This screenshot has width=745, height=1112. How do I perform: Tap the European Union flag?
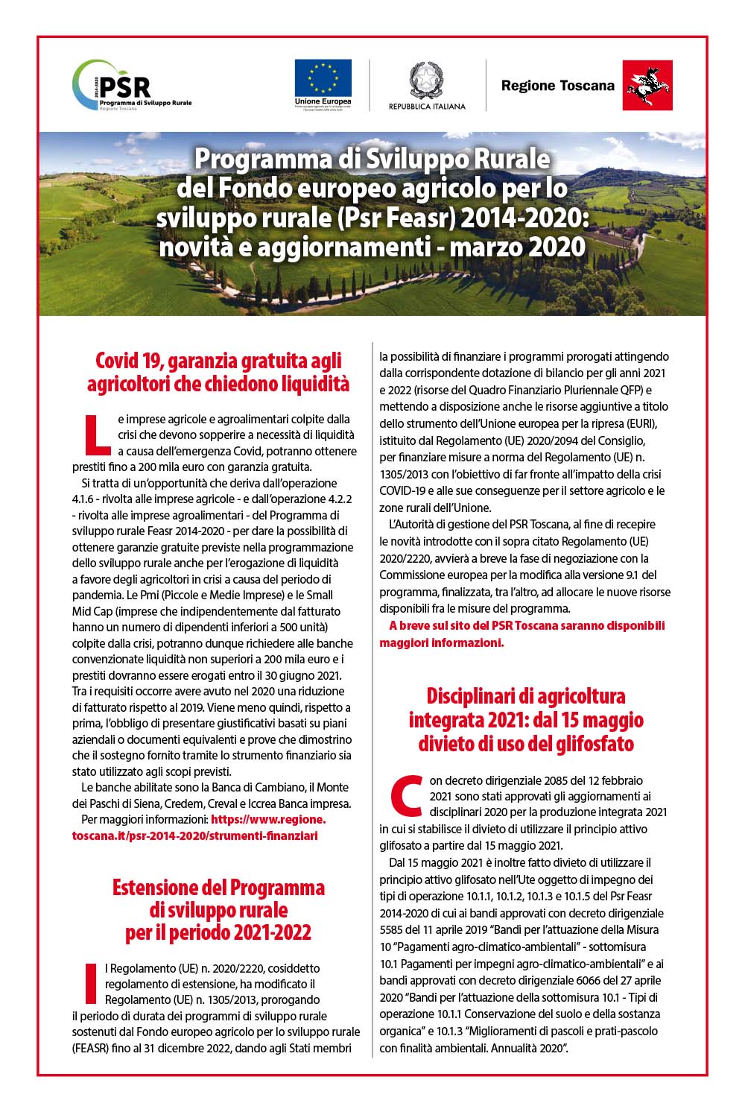point(323,78)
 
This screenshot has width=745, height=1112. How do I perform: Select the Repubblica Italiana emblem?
point(427,80)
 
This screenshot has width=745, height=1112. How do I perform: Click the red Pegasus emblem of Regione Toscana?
point(647,86)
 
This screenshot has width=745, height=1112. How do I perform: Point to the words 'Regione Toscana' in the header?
point(557,86)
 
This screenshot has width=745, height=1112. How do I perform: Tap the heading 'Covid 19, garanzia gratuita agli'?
point(218,361)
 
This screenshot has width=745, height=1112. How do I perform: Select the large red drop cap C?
point(406,795)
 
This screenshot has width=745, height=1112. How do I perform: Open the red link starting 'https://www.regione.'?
point(268,819)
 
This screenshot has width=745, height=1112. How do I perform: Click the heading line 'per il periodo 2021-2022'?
point(218,932)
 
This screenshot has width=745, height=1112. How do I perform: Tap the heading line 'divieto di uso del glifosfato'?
point(525,744)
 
